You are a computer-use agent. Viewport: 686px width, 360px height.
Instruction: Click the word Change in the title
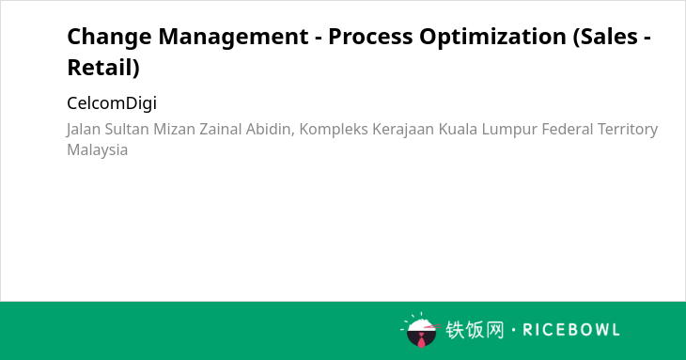(x=108, y=38)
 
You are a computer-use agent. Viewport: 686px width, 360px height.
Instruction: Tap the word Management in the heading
(x=233, y=38)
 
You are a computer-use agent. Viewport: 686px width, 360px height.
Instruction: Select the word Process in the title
(x=370, y=37)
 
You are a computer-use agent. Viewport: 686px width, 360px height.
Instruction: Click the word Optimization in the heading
(x=493, y=38)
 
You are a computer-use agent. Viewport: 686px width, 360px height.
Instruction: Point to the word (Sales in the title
(x=605, y=37)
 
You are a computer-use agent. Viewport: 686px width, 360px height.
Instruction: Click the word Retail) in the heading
(x=103, y=68)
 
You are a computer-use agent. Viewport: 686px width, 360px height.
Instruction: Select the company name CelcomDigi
(x=112, y=103)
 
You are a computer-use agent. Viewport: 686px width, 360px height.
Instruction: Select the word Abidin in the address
(x=270, y=130)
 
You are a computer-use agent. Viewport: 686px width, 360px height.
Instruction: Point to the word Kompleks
(x=334, y=130)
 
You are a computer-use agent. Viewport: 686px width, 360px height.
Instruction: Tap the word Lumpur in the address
(x=509, y=130)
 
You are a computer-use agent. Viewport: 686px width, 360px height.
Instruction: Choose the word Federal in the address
(x=567, y=129)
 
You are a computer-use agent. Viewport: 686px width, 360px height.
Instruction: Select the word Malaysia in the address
(x=97, y=150)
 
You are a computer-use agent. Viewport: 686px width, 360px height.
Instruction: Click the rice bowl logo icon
(x=420, y=330)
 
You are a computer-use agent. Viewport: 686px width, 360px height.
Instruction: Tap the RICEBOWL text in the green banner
(x=571, y=330)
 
